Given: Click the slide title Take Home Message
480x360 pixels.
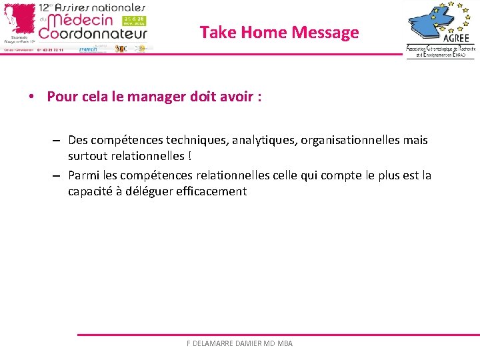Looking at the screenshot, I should [279, 32].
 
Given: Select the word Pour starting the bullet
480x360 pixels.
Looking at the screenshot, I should [60, 97].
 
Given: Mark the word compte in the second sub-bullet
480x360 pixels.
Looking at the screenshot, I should [347, 175].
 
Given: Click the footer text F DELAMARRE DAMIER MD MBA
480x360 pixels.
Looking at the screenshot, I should [239, 343].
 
